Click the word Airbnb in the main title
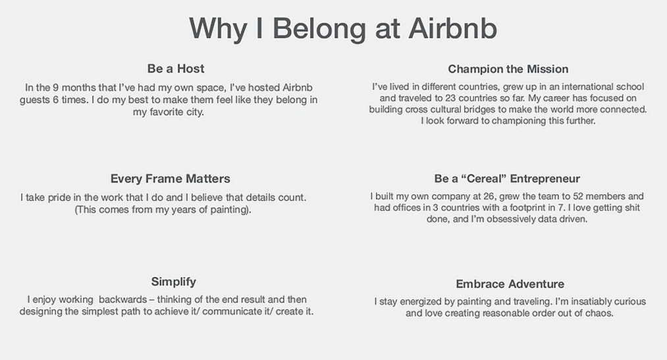point(452,28)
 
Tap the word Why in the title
point(218,30)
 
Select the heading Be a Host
point(176,68)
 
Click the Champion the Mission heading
point(508,69)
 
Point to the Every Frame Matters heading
point(170,178)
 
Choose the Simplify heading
point(174,282)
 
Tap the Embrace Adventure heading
point(510,284)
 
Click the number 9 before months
point(56,88)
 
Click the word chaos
point(600,314)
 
